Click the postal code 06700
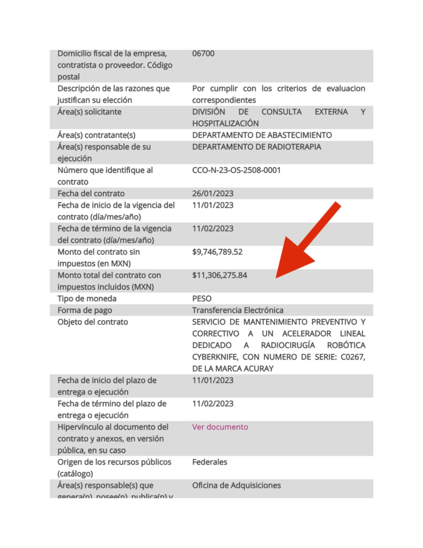point(203,54)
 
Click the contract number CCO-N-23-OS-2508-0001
point(236,170)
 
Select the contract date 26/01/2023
point(213,193)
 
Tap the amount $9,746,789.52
point(217,252)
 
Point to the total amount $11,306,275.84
point(220,275)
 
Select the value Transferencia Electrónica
point(238,310)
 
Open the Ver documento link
point(220,427)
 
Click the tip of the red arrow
point(277,277)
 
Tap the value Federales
point(210,462)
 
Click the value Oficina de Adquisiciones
point(236,485)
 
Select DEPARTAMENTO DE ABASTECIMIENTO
point(262,135)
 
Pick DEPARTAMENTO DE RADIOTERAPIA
point(257,147)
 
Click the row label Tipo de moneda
point(87,298)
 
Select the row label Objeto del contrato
point(93,322)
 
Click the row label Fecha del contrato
point(91,193)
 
